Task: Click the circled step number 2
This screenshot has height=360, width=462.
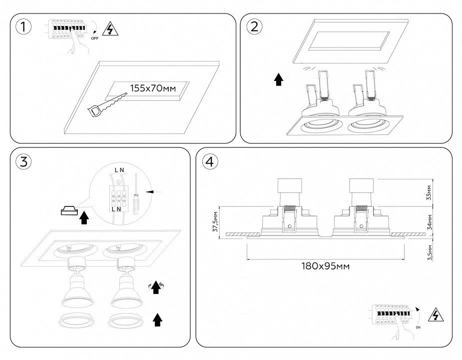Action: [254, 27]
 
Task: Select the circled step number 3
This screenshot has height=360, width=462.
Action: [22, 161]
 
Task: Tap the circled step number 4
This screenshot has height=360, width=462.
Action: [210, 161]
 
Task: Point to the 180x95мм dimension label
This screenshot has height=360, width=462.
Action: [325, 266]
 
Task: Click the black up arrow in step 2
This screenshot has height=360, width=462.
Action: [279, 79]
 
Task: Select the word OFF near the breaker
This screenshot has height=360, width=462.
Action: [95, 38]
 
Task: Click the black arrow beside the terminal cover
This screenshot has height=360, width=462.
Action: [84, 218]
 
